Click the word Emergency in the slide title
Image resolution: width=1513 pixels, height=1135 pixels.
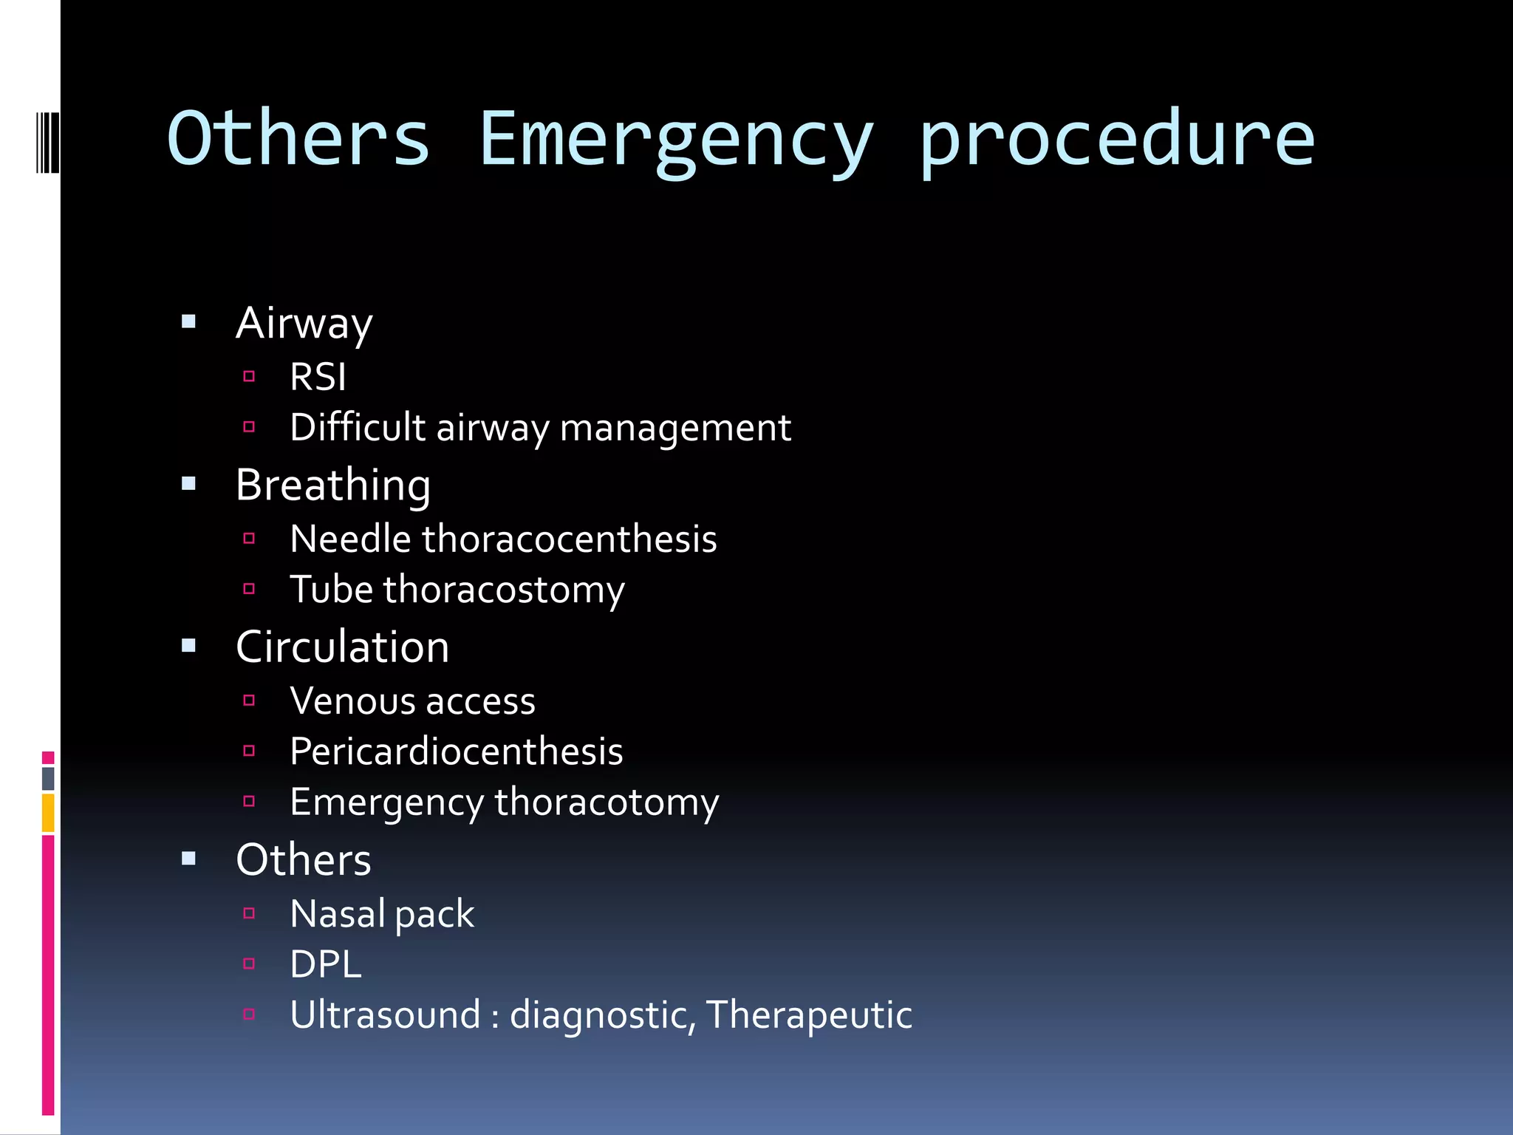click(676, 140)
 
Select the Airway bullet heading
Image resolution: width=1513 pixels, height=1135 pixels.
click(304, 324)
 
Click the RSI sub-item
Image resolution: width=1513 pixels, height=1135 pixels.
click(318, 377)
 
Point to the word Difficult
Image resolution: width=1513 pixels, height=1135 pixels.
click(358, 427)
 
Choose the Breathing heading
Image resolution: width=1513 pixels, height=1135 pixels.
click(332, 485)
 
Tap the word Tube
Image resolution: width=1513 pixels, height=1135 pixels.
click(331, 590)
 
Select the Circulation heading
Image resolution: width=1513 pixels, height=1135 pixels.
click(342, 647)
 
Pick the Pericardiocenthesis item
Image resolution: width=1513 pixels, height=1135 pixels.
click(456, 751)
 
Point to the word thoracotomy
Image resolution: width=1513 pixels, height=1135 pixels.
click(606, 803)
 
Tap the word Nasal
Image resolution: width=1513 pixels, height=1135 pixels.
click(337, 913)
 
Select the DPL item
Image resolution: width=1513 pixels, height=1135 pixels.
click(326, 964)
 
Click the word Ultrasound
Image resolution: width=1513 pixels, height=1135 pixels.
click(385, 1015)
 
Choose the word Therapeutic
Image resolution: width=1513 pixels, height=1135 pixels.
click(809, 1015)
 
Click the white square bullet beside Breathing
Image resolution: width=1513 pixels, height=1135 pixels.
click(189, 484)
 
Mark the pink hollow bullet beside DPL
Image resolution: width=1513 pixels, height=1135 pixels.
click(249, 964)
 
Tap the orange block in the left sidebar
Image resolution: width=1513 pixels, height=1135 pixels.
click(48, 813)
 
